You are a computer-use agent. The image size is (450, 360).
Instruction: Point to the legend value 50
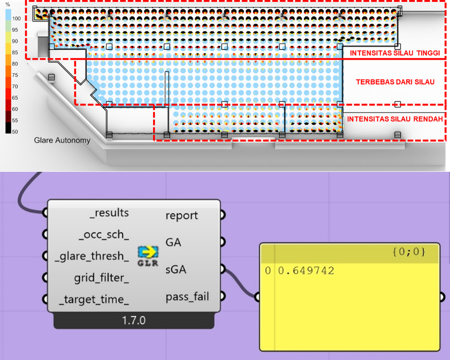click(15, 132)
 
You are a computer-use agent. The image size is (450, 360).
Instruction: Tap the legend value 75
click(15, 75)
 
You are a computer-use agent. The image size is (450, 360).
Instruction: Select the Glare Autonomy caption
click(62, 140)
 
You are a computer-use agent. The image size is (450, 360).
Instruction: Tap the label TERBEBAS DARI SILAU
click(395, 82)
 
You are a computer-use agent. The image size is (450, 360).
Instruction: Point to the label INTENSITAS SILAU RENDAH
click(395, 119)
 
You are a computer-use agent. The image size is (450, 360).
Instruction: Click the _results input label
click(109, 213)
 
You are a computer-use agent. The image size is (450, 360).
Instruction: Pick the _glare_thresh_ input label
click(92, 256)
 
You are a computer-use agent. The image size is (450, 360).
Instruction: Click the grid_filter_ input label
click(101, 277)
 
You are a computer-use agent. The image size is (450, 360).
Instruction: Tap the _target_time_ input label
click(94, 299)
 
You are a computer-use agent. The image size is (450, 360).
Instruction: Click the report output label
click(182, 216)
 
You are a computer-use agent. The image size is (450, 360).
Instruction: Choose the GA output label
click(173, 242)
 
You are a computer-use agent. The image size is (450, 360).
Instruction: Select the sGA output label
click(176, 270)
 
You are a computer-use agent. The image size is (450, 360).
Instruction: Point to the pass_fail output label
click(187, 297)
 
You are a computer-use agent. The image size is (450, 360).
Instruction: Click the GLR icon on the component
click(147, 256)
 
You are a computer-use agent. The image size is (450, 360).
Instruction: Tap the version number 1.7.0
click(134, 321)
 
